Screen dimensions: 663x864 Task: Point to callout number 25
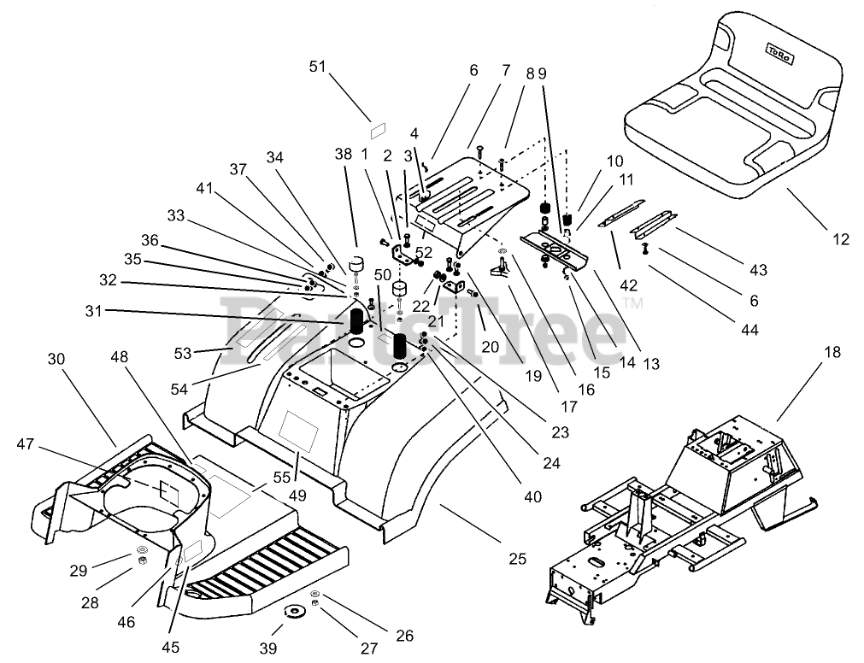(517, 560)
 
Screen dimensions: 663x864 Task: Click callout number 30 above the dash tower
(56, 361)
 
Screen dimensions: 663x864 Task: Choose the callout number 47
(26, 443)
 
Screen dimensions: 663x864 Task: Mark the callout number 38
(343, 155)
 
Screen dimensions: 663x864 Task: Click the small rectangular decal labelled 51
(376, 131)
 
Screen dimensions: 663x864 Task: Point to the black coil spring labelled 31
(355, 322)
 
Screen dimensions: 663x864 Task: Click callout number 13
(652, 365)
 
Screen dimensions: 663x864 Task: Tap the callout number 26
(404, 636)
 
